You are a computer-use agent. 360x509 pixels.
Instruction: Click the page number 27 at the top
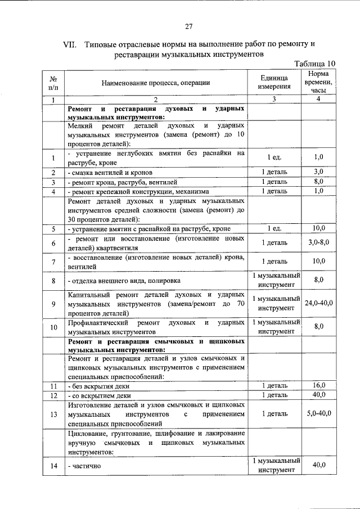(x=189, y=26)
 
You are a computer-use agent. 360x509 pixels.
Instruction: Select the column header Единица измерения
(x=274, y=82)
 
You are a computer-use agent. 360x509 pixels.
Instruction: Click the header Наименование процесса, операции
(x=156, y=83)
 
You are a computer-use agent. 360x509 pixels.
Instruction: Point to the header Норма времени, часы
(x=318, y=82)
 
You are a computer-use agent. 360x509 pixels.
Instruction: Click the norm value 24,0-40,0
(x=318, y=303)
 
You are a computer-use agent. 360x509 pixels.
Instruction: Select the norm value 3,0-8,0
(x=318, y=242)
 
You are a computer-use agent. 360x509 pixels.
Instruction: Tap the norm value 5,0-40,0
(x=318, y=413)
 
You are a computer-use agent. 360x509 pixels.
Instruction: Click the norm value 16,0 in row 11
(x=318, y=385)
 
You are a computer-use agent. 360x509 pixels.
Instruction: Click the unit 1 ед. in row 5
(x=274, y=228)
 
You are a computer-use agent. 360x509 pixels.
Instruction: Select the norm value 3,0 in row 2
(x=318, y=172)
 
